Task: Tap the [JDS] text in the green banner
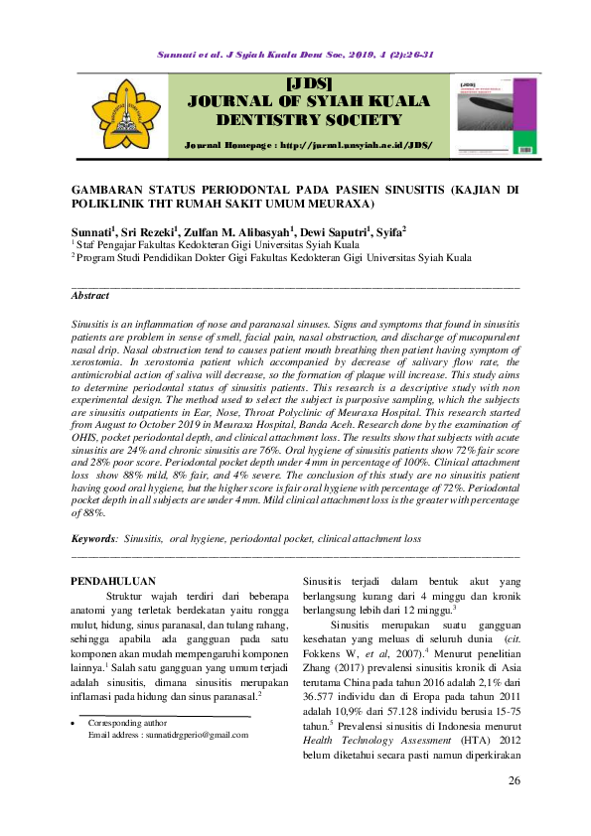coord(308,82)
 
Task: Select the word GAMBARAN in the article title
coord(112,188)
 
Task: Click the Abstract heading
coord(90,296)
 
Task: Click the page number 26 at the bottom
coord(514,781)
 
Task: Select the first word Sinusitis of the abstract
coord(92,326)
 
